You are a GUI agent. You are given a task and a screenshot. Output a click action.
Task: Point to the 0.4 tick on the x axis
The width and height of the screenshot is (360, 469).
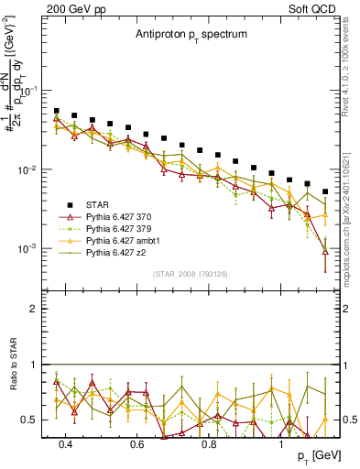pos(65,444)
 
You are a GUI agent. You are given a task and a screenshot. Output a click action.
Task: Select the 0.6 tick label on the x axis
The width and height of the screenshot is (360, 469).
pos(137,444)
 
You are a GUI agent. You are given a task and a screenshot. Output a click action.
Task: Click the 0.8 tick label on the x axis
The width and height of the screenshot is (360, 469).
pos(209,444)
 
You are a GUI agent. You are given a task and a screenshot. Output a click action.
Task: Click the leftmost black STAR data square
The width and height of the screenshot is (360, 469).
pos(57,111)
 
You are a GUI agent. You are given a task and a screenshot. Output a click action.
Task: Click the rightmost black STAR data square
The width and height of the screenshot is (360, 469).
pos(325,191)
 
